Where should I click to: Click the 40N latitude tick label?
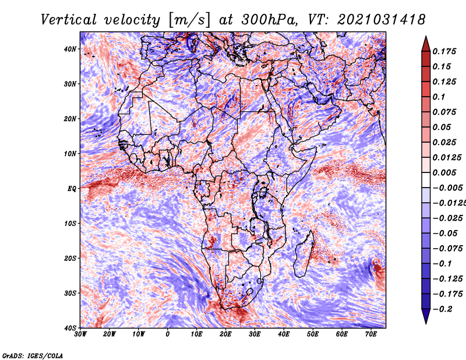click(x=70, y=49)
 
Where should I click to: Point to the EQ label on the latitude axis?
click(x=72, y=189)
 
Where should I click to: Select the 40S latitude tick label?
click(x=70, y=328)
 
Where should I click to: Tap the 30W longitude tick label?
click(x=80, y=335)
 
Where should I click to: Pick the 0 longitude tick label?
click(x=168, y=335)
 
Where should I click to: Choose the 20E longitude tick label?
click(x=226, y=335)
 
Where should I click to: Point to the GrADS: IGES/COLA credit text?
click(x=32, y=354)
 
